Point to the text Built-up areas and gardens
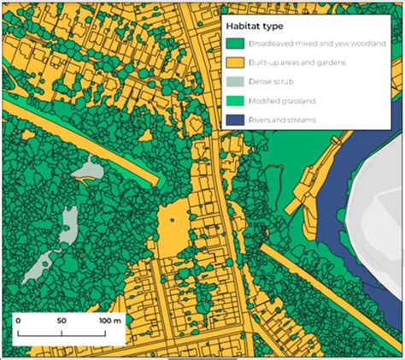click(294, 62)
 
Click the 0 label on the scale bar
click(18, 320)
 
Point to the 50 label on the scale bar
click(61, 320)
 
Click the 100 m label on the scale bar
click(109, 320)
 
